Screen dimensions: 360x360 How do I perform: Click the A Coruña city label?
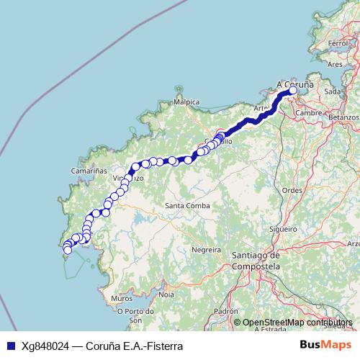294,84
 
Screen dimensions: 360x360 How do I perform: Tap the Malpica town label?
186,102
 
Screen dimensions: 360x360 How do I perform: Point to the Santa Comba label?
188,206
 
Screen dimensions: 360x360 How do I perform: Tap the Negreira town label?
205,249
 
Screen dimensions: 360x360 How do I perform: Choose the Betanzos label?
343,115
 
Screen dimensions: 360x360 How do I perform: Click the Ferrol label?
337,44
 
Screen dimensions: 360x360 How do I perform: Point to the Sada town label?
333,91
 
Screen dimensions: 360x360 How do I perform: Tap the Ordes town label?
292,190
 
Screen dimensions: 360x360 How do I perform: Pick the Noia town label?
166,294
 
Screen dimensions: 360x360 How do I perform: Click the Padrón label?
225,311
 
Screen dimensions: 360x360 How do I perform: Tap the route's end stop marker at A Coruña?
293,91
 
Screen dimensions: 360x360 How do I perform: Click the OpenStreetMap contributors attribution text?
297,323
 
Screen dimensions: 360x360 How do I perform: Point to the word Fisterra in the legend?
163,346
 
